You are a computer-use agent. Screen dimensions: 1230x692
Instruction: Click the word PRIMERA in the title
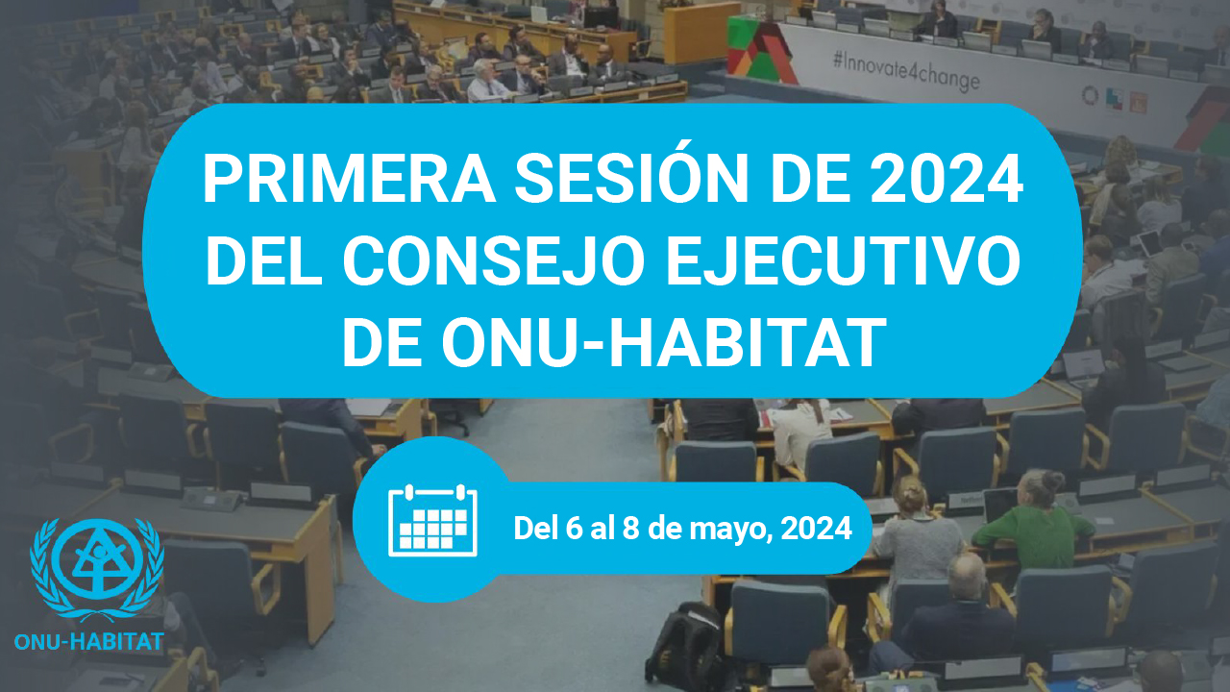click(x=349, y=180)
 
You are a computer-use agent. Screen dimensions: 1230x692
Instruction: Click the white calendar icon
click(x=432, y=520)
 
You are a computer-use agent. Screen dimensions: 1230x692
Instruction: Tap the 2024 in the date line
click(x=817, y=528)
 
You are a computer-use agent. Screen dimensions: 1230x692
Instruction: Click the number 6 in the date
click(x=574, y=528)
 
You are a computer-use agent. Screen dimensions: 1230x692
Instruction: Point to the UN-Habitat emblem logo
click(x=97, y=570)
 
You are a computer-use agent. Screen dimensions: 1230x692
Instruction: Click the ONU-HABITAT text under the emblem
click(x=89, y=642)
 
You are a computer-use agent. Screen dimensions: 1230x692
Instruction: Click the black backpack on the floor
click(x=683, y=647)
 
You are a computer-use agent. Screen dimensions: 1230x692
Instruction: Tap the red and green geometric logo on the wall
click(x=760, y=48)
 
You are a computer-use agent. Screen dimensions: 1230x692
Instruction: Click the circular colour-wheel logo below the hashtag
click(x=1090, y=95)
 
